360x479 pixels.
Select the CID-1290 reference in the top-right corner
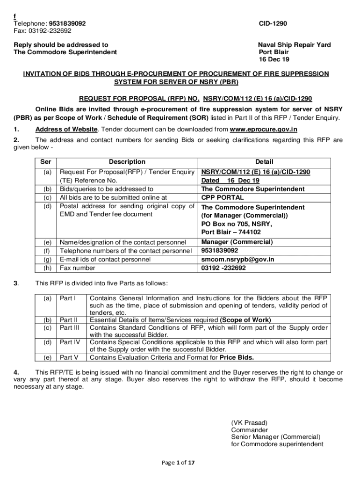[273, 23]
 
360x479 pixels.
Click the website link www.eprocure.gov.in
[264, 130]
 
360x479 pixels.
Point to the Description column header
[127, 162]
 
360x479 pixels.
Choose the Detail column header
[264, 162]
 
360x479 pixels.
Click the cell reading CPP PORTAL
[222, 197]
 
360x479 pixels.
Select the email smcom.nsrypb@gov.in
[238, 259]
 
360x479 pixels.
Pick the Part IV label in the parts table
[70, 342]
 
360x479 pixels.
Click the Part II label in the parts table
[68, 320]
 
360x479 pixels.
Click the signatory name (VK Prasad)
[249, 422]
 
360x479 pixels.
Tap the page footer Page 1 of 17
[178, 463]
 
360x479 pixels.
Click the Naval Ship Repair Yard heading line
[294, 45]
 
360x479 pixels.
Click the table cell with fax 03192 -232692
[223, 268]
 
